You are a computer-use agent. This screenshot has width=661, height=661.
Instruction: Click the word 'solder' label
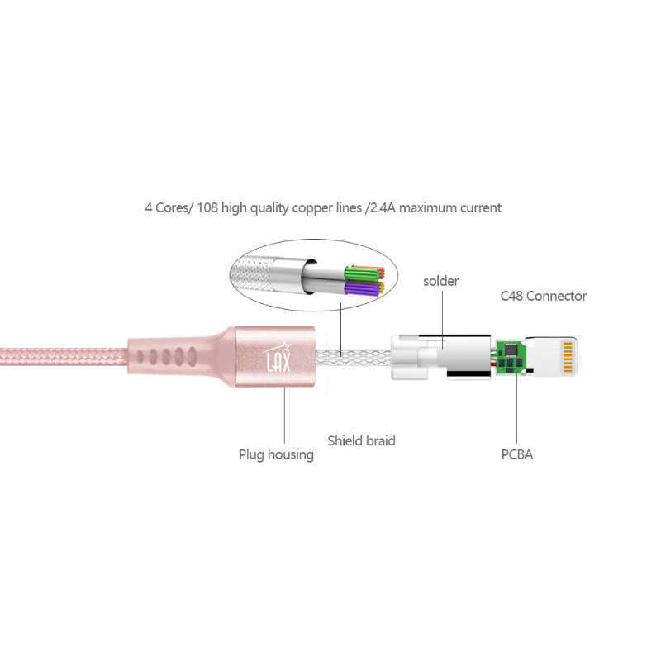[x=440, y=281]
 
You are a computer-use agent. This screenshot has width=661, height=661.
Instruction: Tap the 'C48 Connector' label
[x=543, y=296]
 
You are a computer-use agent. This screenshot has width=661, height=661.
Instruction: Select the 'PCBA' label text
[x=516, y=454]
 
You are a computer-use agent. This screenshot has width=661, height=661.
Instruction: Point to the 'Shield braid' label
[x=361, y=440]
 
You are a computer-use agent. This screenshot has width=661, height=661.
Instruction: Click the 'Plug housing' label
[x=276, y=454]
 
